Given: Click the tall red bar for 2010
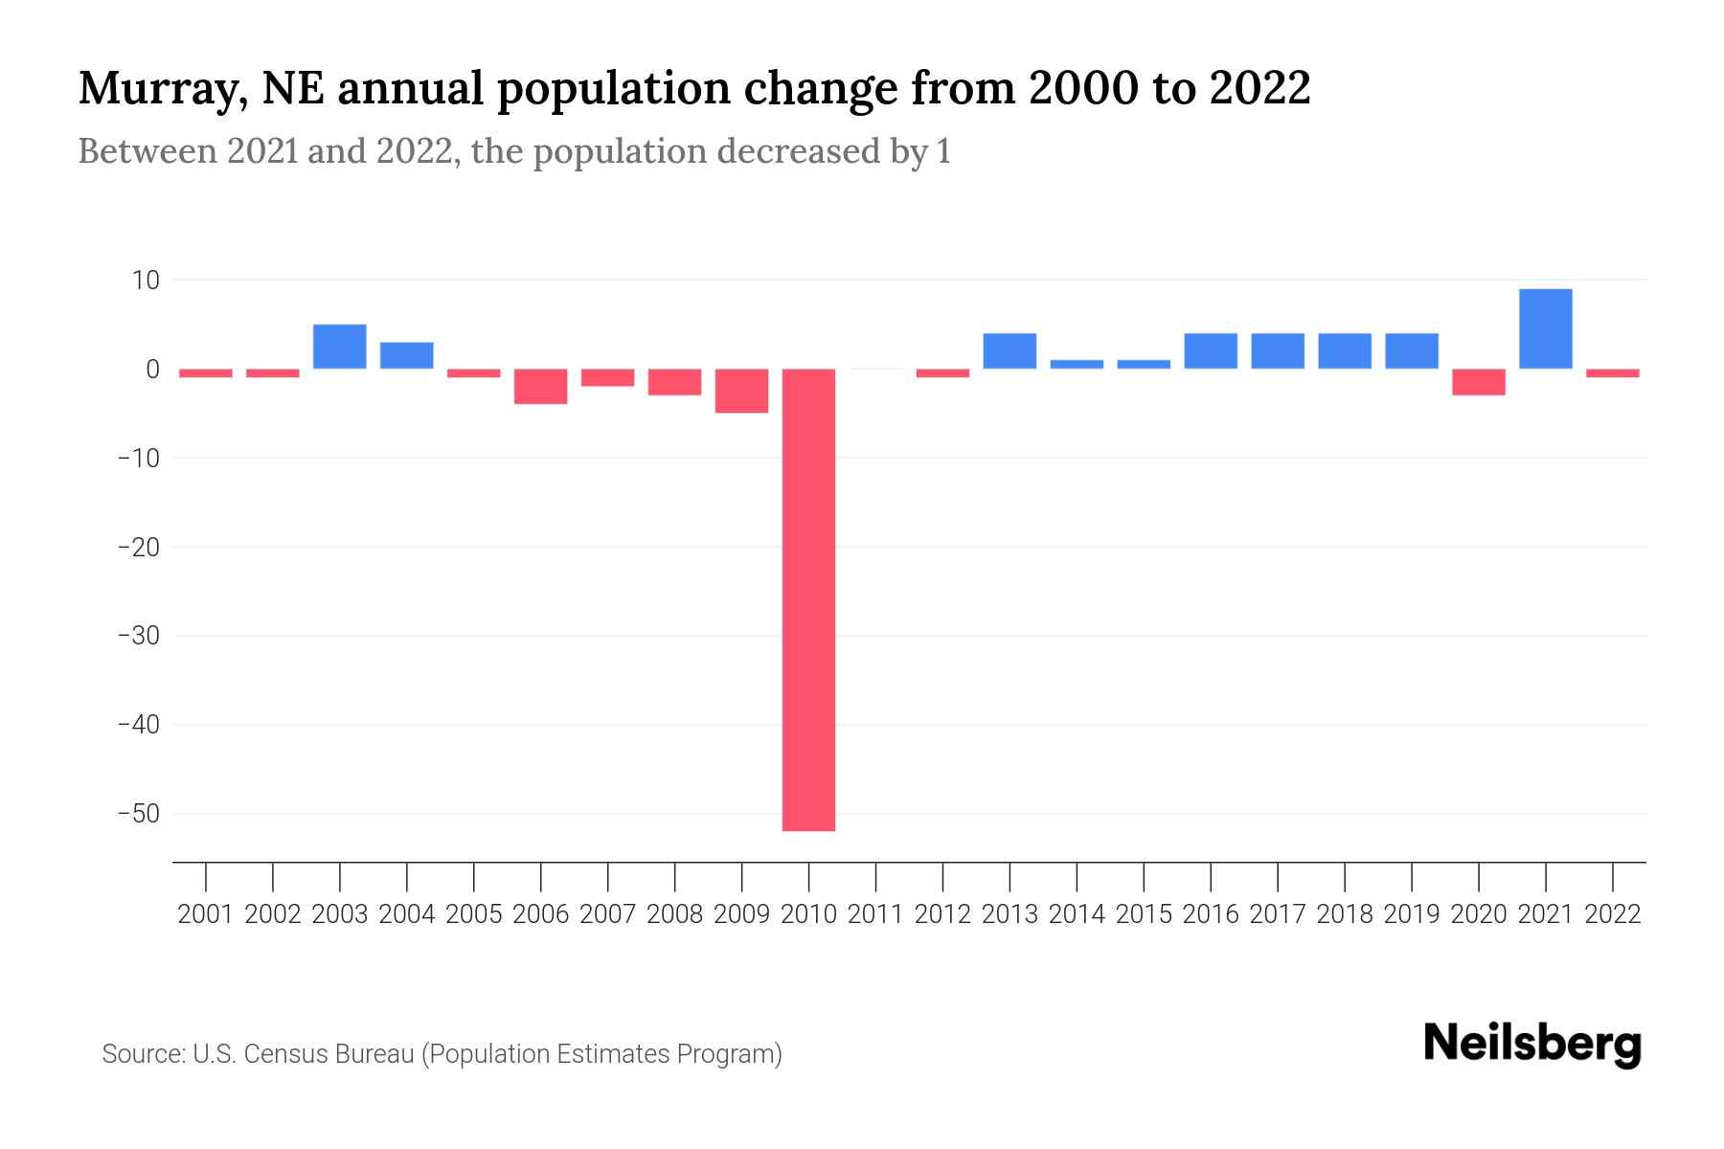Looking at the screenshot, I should point(808,599).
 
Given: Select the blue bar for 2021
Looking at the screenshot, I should point(1545,328).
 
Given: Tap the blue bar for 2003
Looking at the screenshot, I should point(340,347).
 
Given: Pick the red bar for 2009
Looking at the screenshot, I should point(741,391).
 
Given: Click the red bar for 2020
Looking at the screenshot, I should point(1478,382).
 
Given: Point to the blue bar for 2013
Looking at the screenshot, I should point(1009,350).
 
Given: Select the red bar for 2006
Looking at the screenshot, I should point(540,386).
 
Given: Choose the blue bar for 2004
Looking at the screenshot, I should point(407,355).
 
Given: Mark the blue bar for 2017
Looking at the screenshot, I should point(1277,350).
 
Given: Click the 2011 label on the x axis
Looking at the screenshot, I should point(875,914).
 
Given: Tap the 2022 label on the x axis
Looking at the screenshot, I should point(1613,914).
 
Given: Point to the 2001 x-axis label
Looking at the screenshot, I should point(206,914).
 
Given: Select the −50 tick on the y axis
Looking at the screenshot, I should point(138,814).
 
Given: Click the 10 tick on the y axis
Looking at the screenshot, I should point(146,281).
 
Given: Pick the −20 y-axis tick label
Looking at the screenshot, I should point(138,547).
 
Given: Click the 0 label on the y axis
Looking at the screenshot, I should point(152,370).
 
